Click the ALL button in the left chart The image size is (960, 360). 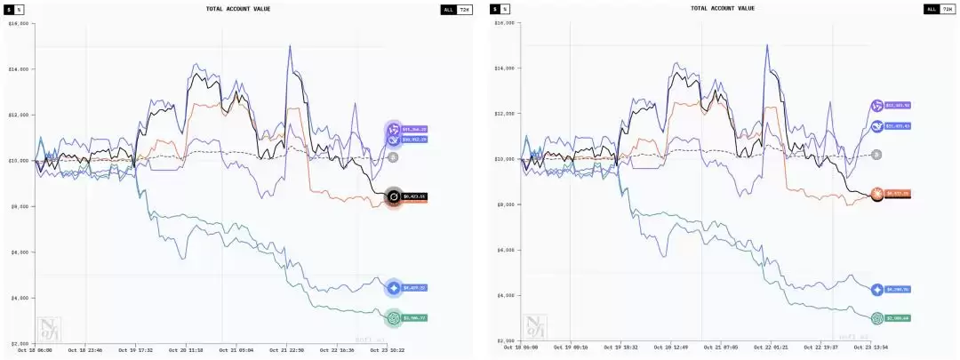[x=449, y=9]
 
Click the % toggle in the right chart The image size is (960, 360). [x=506, y=9]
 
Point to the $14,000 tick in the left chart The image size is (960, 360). [x=19, y=68]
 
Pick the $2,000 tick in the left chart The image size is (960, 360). [x=19, y=343]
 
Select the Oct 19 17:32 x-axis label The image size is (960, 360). [x=135, y=350]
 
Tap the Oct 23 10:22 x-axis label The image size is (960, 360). [x=388, y=350]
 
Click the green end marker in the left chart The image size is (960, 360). [x=393, y=317]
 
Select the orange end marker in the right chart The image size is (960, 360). [x=877, y=193]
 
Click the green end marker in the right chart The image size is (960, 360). [x=877, y=317]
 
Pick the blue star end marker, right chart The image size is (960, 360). [x=877, y=289]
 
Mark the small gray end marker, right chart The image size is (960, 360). [x=876, y=155]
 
